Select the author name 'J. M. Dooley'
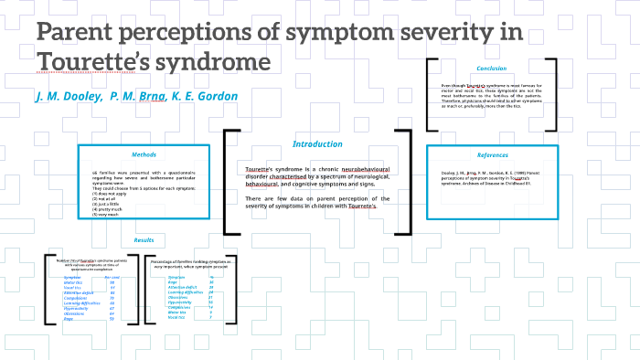[x=68, y=96]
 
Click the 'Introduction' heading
[x=317, y=143]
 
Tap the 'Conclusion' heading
[x=491, y=69]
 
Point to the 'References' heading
[x=492, y=154]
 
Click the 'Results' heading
[x=144, y=239]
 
